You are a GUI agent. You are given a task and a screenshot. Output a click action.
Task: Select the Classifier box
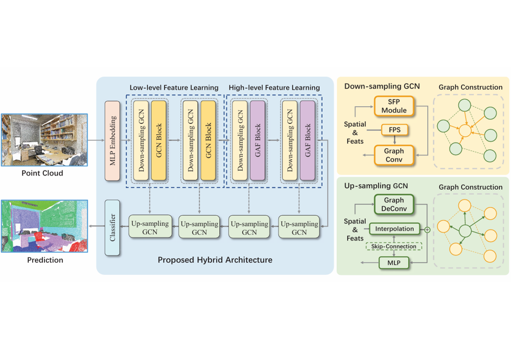113,227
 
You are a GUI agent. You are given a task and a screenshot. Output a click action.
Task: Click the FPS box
394,130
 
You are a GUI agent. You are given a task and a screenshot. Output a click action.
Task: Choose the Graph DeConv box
394,204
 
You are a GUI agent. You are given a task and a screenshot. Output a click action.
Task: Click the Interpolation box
394,228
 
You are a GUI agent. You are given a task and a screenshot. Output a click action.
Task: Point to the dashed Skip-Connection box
394,247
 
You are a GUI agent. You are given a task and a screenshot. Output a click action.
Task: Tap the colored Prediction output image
44,226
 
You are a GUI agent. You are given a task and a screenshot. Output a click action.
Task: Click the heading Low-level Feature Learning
173,88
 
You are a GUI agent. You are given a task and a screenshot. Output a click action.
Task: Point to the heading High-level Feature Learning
274,88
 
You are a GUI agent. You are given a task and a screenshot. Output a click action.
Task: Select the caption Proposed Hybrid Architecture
215,260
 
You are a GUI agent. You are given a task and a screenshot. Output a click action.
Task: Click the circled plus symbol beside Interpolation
427,229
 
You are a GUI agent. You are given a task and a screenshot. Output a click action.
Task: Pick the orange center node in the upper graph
465,130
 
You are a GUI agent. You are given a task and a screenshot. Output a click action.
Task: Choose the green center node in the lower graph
465,230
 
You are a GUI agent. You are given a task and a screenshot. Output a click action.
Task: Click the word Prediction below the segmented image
45,260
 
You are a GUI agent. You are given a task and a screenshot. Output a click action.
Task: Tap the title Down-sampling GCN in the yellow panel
382,87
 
